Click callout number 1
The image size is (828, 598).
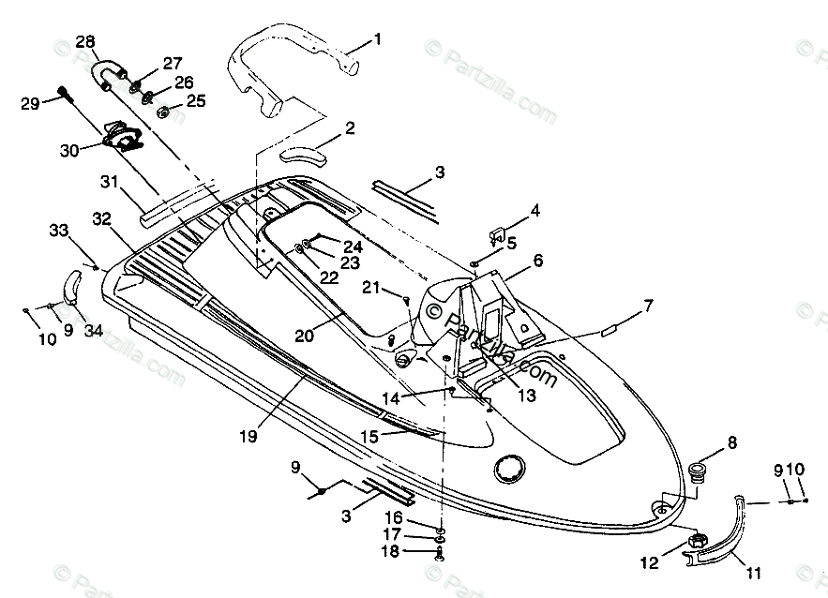377,39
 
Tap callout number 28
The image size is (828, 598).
85,42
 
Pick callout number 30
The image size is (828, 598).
68,148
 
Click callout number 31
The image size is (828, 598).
109,182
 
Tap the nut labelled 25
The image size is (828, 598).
162,112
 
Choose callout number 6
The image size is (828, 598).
537,262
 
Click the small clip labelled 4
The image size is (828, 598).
499,231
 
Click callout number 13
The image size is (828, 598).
527,396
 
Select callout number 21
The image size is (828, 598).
373,288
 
